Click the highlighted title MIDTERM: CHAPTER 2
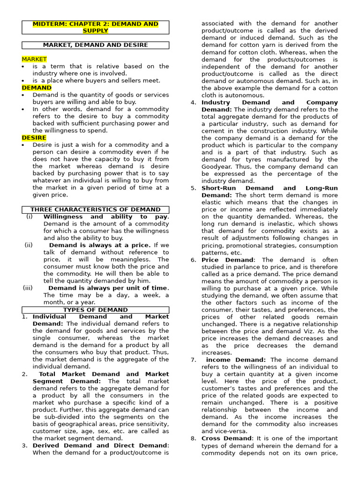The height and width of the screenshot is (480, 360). click(x=95, y=27)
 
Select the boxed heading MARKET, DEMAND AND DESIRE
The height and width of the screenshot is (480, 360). click(x=95, y=45)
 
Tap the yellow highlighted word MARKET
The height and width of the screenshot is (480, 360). click(x=34, y=59)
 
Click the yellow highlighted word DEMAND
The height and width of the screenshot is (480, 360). click(x=37, y=88)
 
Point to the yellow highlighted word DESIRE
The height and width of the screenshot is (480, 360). click(x=34, y=138)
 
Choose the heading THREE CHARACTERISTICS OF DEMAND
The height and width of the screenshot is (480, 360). click(x=95, y=210)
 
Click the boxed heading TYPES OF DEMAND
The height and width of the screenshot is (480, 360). click(x=95, y=310)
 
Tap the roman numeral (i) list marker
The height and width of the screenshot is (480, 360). click(x=30, y=217)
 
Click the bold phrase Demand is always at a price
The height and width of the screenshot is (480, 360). click(x=100, y=245)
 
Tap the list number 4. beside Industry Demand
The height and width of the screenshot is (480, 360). click(x=194, y=103)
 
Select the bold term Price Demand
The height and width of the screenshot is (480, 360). click(x=228, y=260)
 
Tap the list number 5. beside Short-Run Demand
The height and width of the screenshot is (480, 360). click(x=194, y=188)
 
